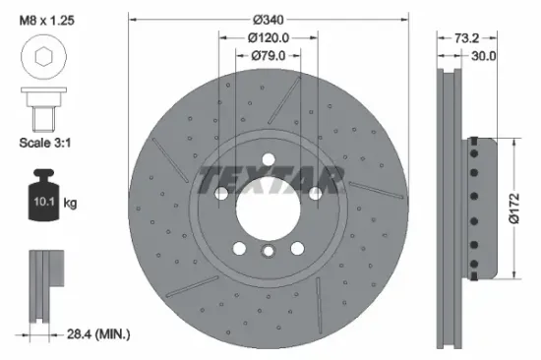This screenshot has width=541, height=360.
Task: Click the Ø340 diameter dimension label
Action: [269, 20]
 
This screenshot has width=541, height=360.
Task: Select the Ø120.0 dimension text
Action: [269, 38]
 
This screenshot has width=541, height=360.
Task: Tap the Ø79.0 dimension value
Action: [269, 56]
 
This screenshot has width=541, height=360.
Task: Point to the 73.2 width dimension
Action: [467, 38]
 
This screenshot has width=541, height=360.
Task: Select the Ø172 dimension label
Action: [512, 207]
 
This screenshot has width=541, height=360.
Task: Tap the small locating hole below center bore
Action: [269, 253]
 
